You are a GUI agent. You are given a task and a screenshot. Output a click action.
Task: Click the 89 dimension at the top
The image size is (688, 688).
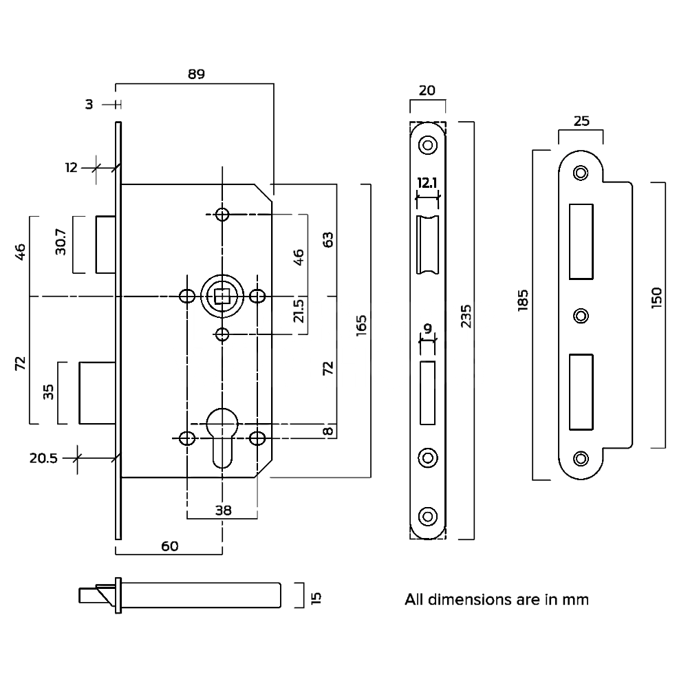pos(196,74)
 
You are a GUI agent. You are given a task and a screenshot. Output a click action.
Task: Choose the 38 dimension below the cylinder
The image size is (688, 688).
pos(222,510)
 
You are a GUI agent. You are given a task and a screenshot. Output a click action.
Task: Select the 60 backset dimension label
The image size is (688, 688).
pos(169,546)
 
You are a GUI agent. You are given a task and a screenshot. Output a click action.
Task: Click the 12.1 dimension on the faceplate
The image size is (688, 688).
pos(427,182)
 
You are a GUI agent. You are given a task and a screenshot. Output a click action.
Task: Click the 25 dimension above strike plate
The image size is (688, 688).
pos(581,121)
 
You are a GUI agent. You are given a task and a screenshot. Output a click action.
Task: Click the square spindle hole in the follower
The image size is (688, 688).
pos(222,297)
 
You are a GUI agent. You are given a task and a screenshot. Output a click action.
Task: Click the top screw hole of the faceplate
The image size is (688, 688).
pos(427,145)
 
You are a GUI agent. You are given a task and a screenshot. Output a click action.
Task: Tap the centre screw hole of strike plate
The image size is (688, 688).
pos(581,316)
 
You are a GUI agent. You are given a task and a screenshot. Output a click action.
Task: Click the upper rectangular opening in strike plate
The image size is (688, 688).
pos(581,241)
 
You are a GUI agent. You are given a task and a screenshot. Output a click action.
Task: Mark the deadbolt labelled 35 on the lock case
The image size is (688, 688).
pos(96,392)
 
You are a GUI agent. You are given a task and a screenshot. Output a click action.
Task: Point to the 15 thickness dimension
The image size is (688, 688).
pos(316,596)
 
